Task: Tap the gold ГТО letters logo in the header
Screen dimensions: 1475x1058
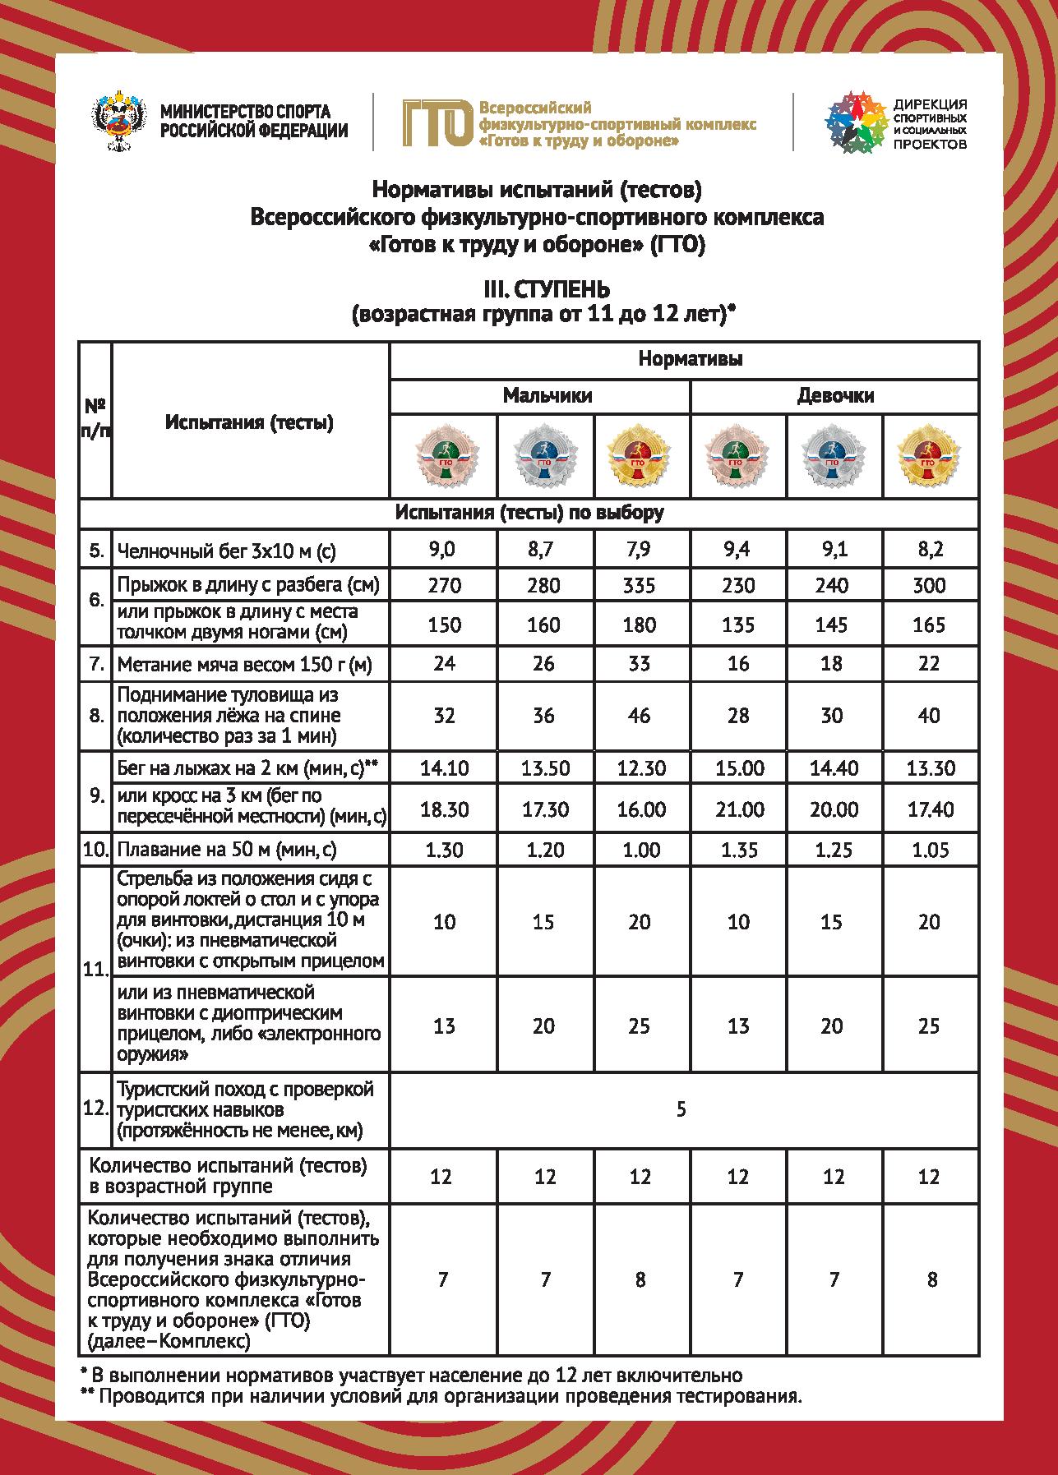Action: [x=437, y=122]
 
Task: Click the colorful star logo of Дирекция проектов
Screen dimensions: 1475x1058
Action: [x=856, y=122]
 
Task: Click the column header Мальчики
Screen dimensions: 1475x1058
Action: [x=547, y=395]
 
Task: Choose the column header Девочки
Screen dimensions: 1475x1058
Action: [x=834, y=395]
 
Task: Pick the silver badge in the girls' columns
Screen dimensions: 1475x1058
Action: [x=833, y=457]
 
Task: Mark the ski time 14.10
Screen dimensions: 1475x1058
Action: [x=444, y=768]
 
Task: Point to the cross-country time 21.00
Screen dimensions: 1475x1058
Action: [x=738, y=809]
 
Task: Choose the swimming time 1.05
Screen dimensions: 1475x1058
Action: [x=930, y=849]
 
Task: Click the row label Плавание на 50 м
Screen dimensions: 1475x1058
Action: [x=227, y=849]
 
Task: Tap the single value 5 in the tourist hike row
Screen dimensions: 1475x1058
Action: [x=681, y=1110]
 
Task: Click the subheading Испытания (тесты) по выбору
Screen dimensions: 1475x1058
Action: [x=529, y=513]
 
